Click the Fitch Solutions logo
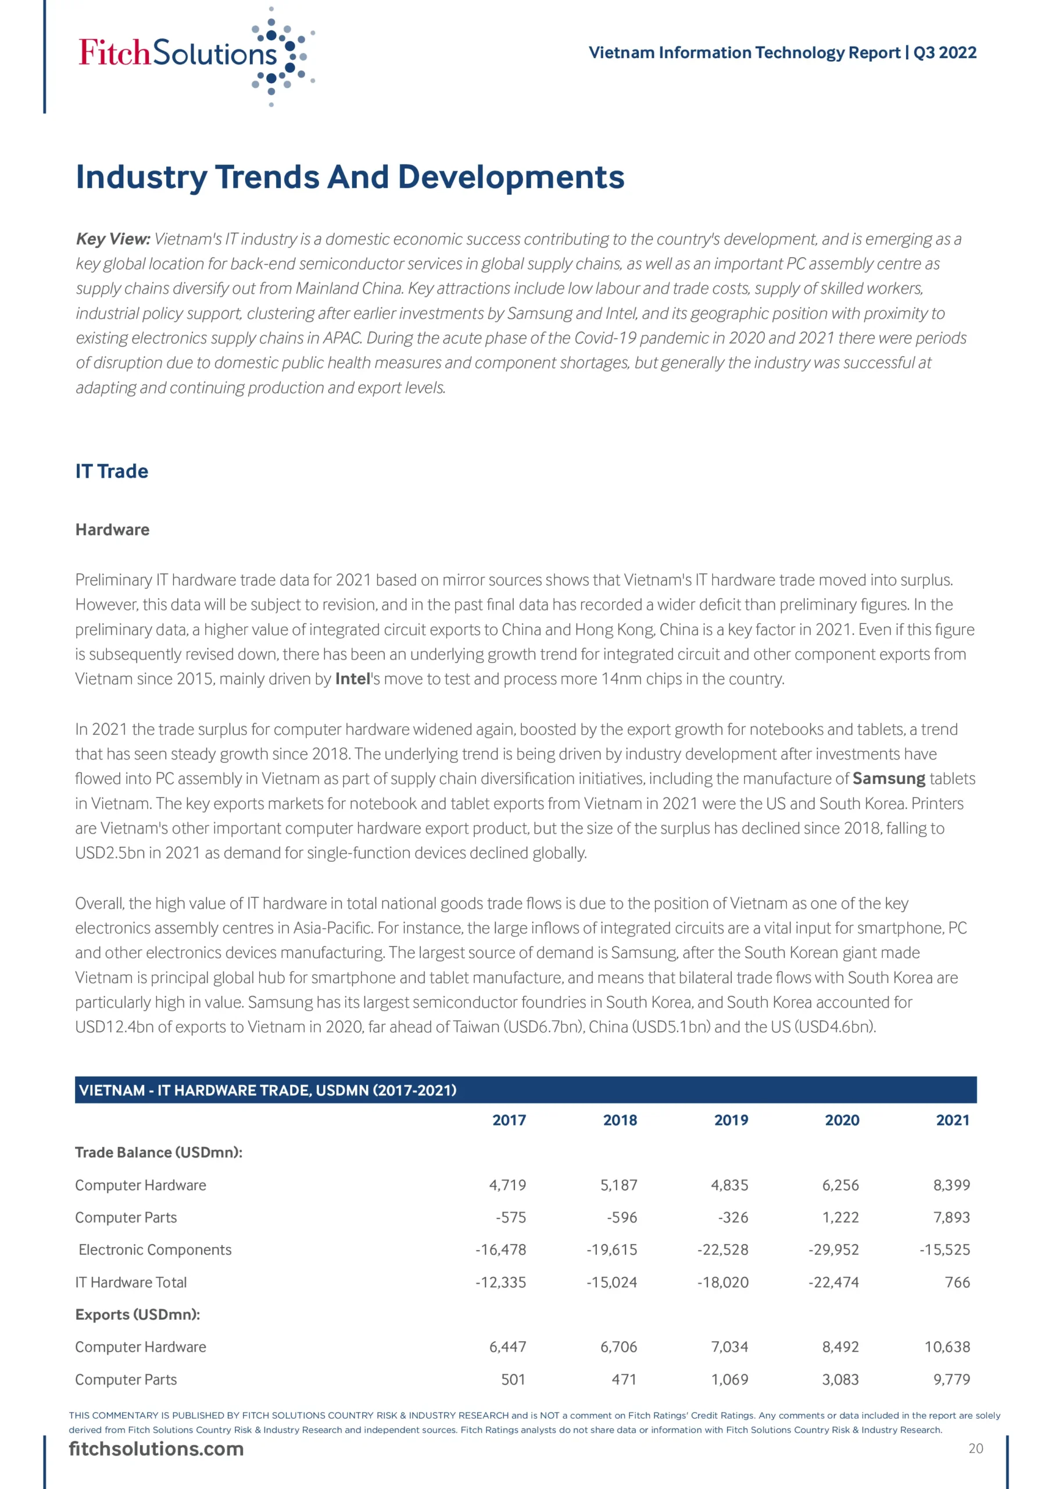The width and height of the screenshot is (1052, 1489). click(196, 56)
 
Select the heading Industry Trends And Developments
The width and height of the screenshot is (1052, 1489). click(349, 177)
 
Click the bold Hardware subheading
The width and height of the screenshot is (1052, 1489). click(112, 530)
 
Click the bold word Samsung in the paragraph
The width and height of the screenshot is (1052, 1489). click(888, 778)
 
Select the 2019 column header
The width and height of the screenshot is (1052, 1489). click(731, 1120)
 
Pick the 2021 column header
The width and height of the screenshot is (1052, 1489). click(952, 1120)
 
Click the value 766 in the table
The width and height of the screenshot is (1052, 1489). click(957, 1282)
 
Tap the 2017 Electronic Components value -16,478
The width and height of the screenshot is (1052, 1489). click(500, 1250)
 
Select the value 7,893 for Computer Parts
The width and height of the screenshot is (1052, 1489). click(951, 1217)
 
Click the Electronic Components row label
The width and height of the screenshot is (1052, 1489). click(155, 1250)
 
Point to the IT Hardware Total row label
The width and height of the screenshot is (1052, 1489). click(131, 1282)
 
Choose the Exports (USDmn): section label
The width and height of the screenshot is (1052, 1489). click(137, 1315)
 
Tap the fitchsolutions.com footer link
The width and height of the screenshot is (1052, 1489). click(156, 1449)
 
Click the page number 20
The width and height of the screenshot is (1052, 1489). click(975, 1449)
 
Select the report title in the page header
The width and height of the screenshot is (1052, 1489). click(782, 52)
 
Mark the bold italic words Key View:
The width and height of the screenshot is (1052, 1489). click(113, 239)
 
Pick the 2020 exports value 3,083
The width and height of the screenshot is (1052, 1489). click(840, 1380)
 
